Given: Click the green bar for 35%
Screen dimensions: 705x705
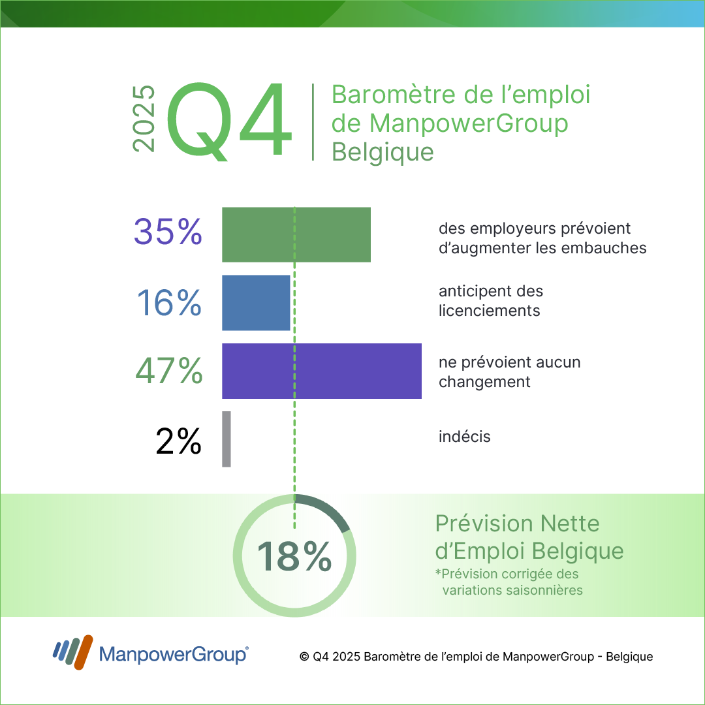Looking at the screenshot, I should [x=296, y=234].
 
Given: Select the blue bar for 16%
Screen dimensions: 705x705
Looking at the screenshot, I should [x=256, y=302].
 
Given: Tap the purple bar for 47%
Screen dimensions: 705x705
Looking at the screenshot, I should [x=322, y=371].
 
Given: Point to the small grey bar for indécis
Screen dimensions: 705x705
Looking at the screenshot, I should [x=227, y=439].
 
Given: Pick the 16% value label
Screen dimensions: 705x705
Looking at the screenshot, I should [x=169, y=302].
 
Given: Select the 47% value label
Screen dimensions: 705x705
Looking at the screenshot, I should [x=169, y=371].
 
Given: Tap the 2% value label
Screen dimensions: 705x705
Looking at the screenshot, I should [x=178, y=442].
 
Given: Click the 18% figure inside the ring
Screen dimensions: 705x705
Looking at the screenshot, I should [x=294, y=556].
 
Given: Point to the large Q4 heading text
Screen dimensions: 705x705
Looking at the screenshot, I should [x=228, y=120].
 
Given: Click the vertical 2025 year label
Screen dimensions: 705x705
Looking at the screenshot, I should [x=144, y=119].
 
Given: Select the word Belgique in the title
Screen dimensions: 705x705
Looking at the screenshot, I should [x=383, y=151].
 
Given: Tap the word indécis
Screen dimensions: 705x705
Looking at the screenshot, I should [x=464, y=437].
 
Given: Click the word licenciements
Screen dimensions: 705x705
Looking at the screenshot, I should [x=490, y=311].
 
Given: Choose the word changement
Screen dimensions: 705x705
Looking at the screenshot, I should [x=484, y=382].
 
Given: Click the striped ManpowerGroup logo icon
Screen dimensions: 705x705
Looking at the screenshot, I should [x=73, y=652].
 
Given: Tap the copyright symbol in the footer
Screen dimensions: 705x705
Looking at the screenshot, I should [x=304, y=657].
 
